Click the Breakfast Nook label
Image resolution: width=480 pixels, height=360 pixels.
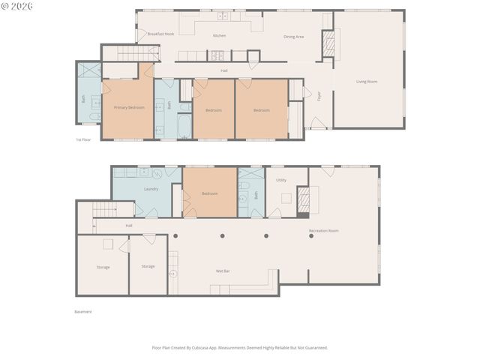coord(160,34)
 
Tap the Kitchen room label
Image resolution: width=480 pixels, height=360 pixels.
coord(219,35)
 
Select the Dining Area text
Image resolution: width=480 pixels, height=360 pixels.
coord(293,36)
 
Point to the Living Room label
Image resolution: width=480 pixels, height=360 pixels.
coord(366,81)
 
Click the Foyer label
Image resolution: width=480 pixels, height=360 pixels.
coord(319,96)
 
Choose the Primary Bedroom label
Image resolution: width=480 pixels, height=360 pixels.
coord(129,107)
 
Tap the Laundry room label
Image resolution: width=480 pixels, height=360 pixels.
coord(151,188)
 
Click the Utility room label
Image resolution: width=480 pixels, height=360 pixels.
coord(281,180)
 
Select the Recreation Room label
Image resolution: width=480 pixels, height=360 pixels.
coord(323,230)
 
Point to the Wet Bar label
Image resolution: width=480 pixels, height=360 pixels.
coord(223,271)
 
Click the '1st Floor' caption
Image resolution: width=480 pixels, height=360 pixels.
coord(82,139)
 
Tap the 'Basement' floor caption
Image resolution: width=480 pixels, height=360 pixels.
coord(82,311)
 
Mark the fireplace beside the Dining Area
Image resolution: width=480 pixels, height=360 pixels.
coord(328,43)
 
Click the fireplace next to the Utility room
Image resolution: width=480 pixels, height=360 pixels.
coord(304,200)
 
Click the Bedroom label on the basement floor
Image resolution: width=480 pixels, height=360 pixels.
coord(209,193)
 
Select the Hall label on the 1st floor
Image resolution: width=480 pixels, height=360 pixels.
coord(224,70)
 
